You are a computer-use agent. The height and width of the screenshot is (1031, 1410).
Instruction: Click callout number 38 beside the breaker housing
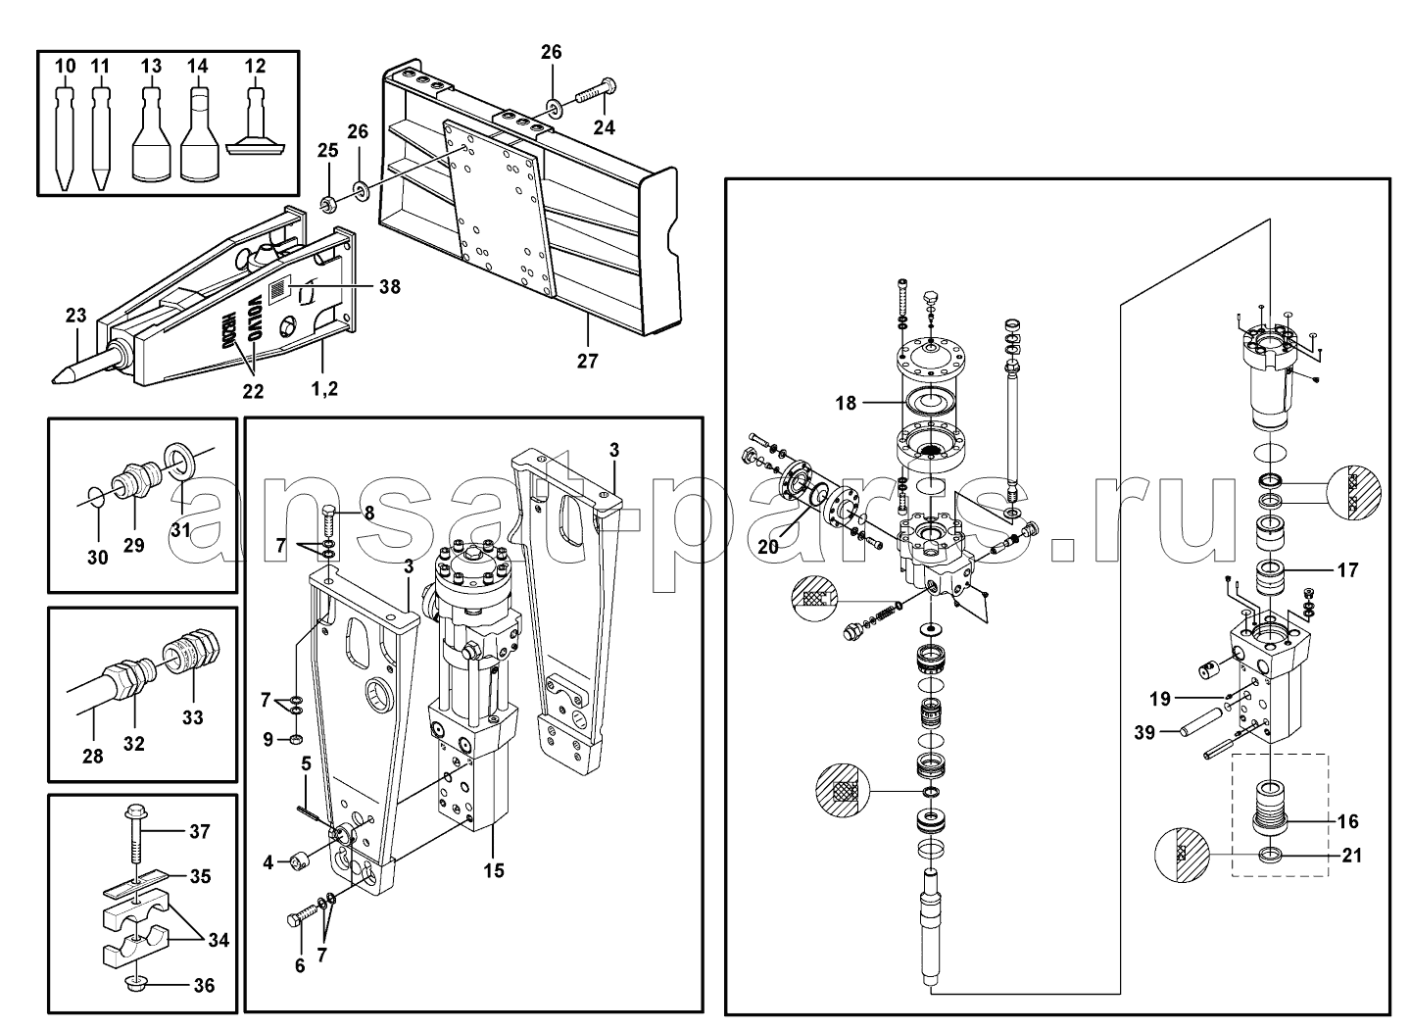pyautogui.click(x=390, y=287)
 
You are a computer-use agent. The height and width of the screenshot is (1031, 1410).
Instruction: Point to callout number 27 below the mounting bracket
pyautogui.click(x=587, y=362)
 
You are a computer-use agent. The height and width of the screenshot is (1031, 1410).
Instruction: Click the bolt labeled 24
pyautogui.click(x=596, y=91)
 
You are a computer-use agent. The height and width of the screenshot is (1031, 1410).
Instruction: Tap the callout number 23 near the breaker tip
pyautogui.click(x=76, y=315)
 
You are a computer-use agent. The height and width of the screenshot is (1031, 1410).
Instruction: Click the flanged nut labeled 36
pyautogui.click(x=136, y=984)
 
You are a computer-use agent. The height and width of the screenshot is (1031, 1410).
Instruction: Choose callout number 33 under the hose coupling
pyautogui.click(x=193, y=717)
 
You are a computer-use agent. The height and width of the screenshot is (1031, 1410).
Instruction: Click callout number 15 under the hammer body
pyautogui.click(x=494, y=871)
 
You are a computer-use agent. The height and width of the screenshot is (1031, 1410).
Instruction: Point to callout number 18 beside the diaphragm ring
pyautogui.click(x=846, y=403)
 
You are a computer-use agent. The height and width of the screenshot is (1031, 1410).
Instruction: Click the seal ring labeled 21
pyautogui.click(x=1269, y=855)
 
